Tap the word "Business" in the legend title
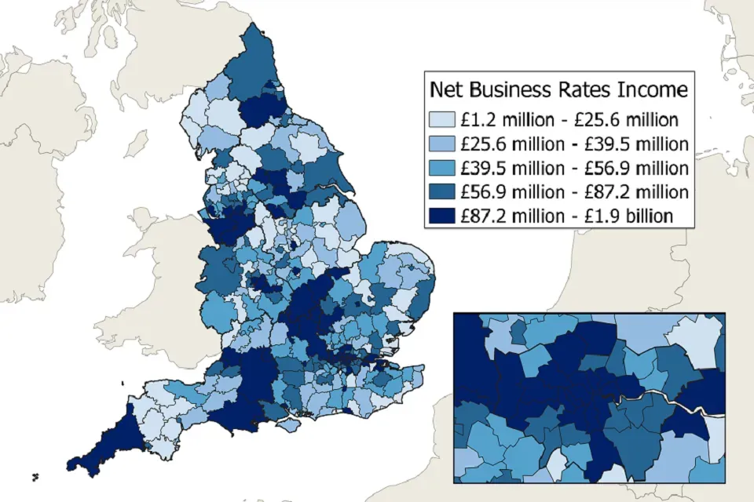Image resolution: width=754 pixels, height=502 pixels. point(507,89)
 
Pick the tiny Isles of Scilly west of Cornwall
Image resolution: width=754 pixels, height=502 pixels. point(35,476)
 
